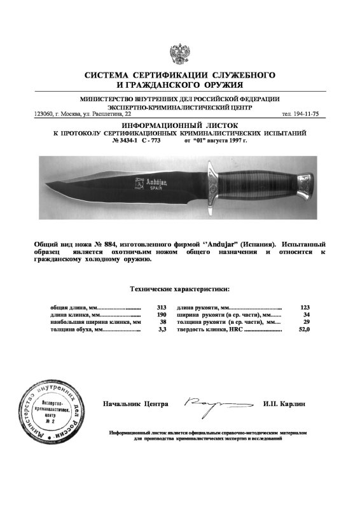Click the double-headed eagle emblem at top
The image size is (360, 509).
pos(179,53)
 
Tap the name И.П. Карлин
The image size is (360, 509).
pos(284,404)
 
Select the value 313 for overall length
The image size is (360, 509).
pos(162,307)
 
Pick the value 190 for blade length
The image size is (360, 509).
pos(162,315)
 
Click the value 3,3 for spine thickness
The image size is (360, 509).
pos(162,330)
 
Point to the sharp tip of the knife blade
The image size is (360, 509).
pos(48,185)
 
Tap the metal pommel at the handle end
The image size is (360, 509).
pos(305,187)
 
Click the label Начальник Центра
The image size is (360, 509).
pos(135,404)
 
